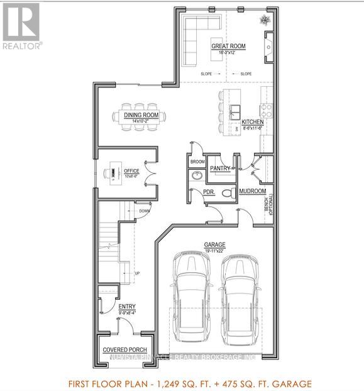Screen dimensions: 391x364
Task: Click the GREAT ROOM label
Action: click(228, 47)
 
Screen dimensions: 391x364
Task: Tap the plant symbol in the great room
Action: click(263, 20)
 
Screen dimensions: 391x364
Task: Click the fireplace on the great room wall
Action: click(269, 47)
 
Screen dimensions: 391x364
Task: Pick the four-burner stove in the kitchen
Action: click(267, 113)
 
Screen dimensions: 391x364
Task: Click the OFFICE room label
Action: click(131, 171)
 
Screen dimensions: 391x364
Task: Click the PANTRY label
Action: click(219, 168)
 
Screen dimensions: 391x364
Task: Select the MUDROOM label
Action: click(254, 191)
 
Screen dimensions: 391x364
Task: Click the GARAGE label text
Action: click(214, 245)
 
